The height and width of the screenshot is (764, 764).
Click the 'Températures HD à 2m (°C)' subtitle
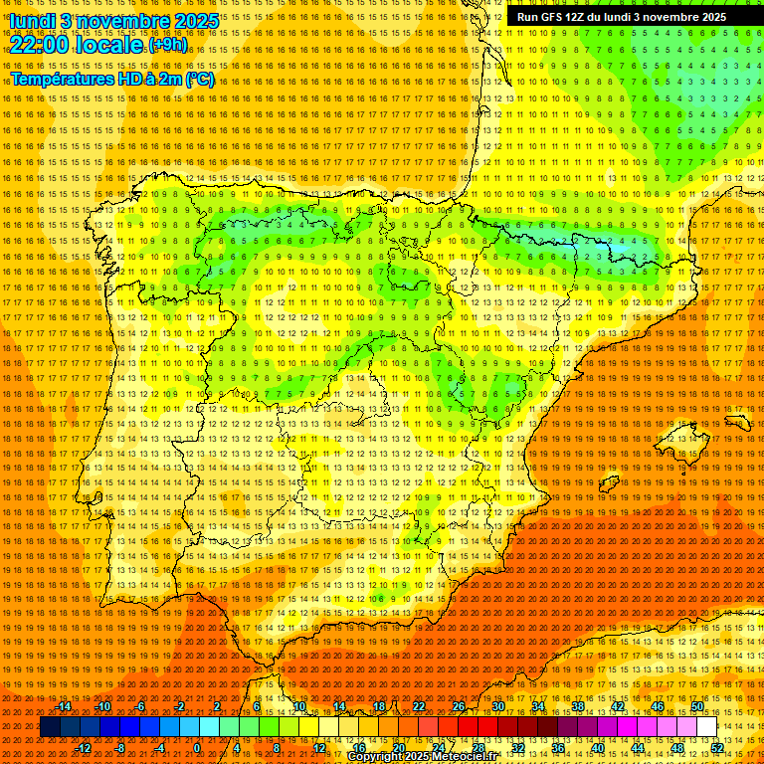coord(111,79)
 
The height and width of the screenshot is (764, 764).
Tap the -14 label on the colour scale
coord(65,706)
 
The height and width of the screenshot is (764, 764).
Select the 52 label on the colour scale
coord(717,748)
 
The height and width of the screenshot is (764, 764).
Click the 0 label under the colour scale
coord(197,748)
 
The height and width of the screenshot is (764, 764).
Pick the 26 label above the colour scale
coord(458,706)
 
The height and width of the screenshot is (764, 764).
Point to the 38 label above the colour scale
coord(577,706)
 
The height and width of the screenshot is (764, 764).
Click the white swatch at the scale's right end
coord(706,727)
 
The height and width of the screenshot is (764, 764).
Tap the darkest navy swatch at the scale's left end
coord(50,727)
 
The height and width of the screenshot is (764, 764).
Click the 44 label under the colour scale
coord(638,748)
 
